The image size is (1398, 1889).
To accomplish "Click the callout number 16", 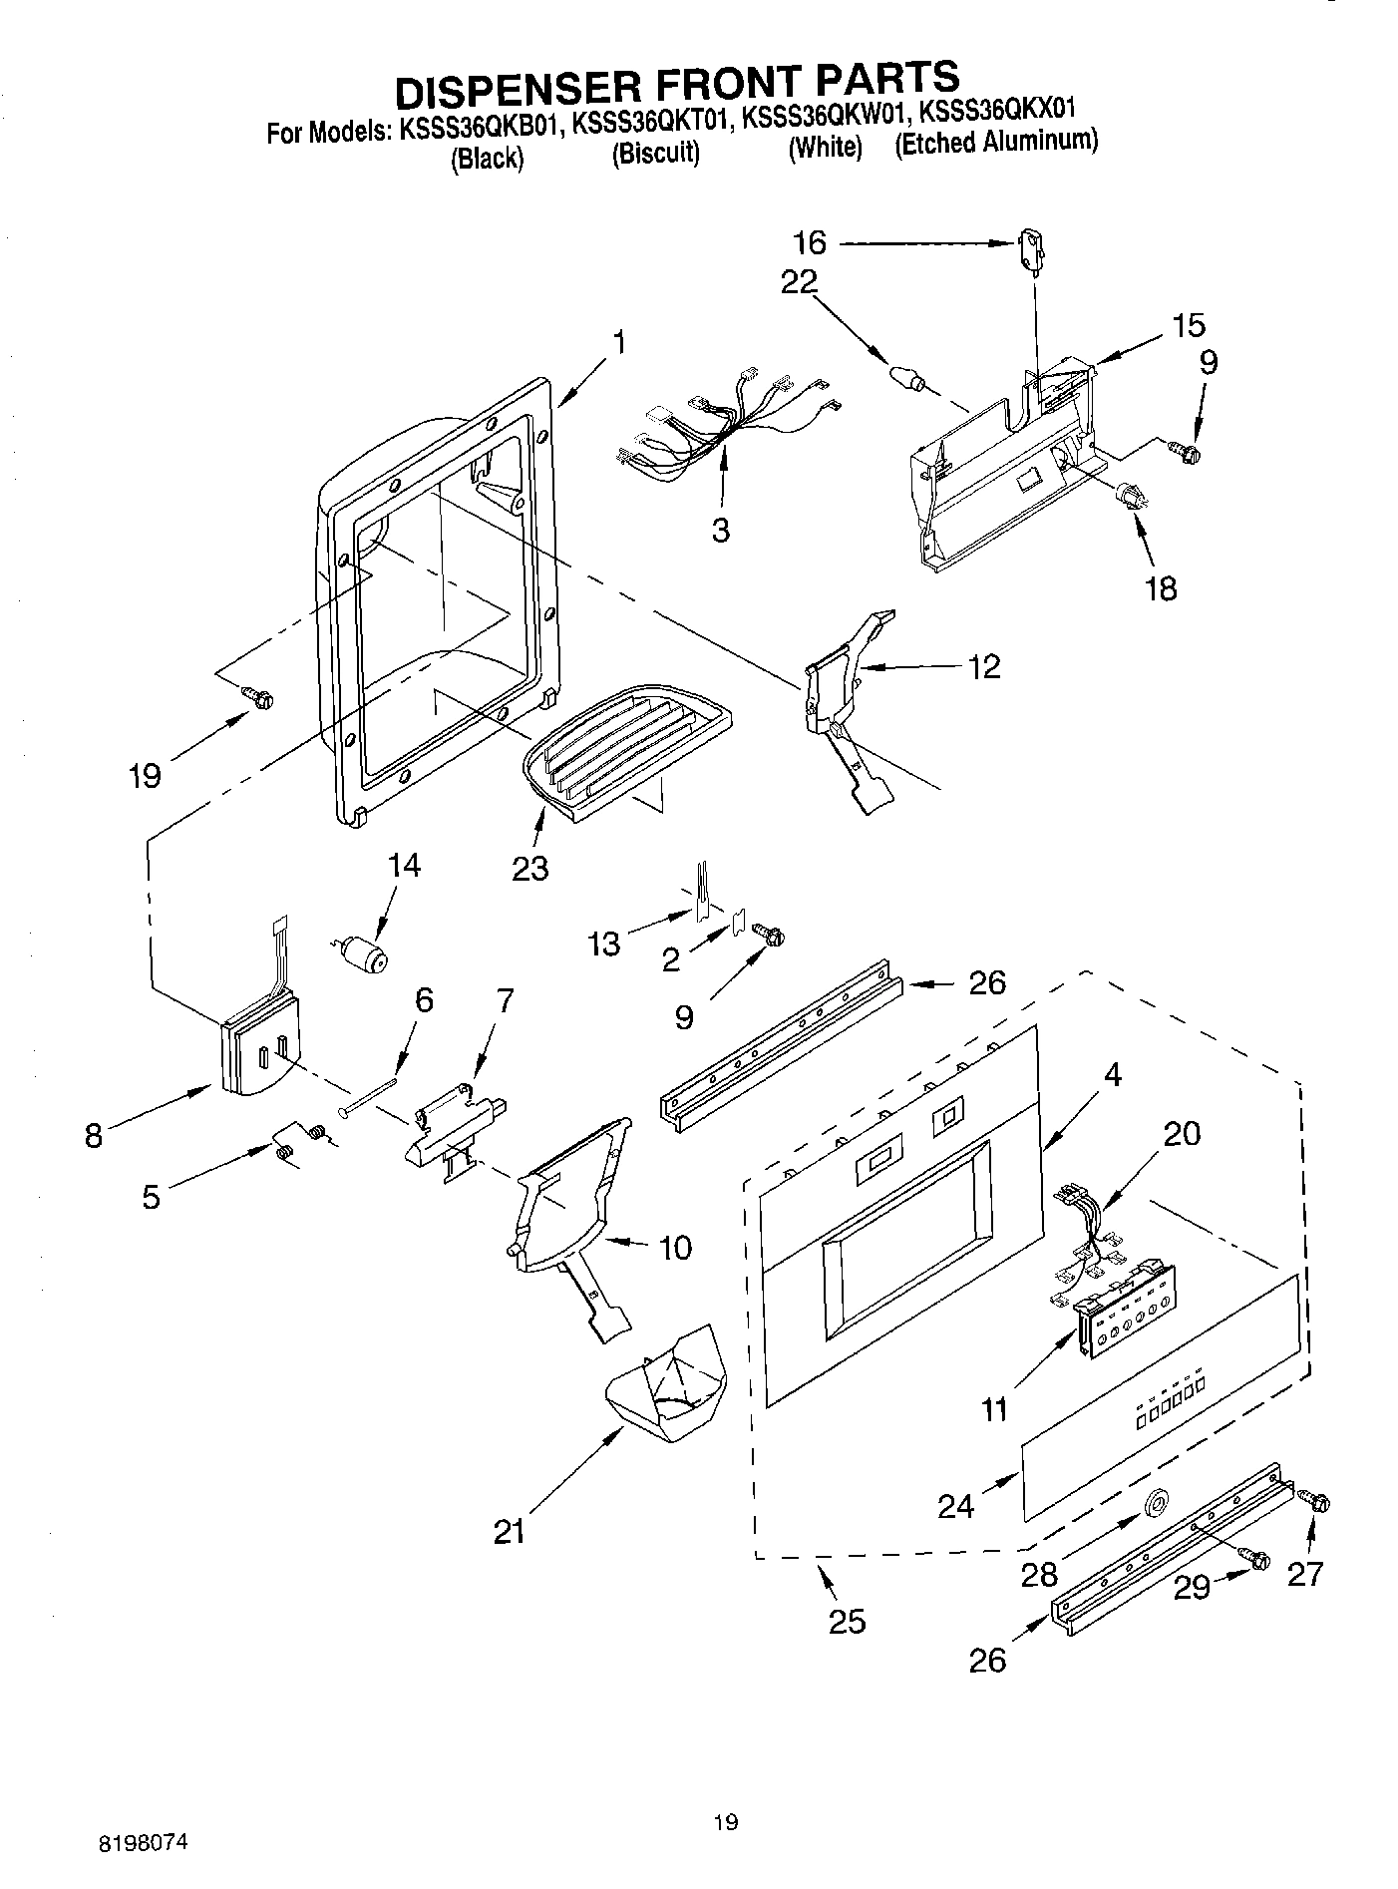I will [810, 242].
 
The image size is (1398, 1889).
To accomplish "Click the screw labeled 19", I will [260, 699].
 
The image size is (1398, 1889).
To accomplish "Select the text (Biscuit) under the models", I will [655, 154].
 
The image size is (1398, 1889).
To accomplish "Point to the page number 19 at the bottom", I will [726, 1822].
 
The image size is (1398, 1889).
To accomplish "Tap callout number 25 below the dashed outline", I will [847, 1622].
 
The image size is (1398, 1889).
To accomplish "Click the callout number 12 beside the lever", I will [983, 666].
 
